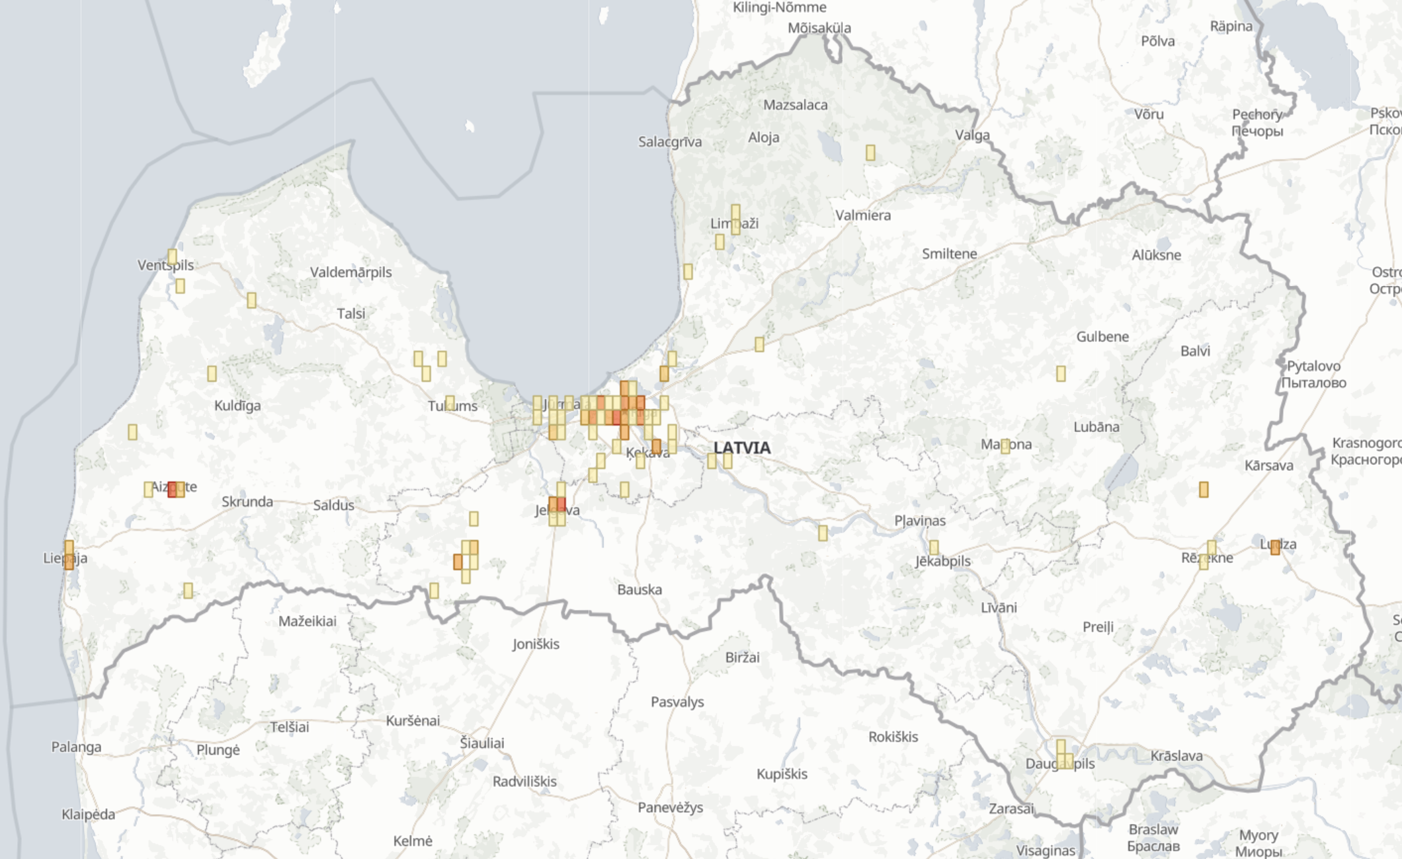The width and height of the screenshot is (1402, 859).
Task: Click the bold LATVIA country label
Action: (742, 448)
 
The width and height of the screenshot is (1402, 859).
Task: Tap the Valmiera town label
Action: (862, 215)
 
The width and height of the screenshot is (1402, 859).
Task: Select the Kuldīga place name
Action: (237, 406)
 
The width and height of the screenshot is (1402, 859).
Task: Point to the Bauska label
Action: (639, 589)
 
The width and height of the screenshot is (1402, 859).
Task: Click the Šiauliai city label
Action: (482, 743)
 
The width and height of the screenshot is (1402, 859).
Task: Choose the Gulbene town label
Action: (1102, 337)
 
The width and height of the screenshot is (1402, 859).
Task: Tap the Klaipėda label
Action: (88, 814)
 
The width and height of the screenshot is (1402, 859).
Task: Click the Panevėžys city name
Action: (670, 807)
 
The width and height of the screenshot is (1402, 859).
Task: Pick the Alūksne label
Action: (1156, 255)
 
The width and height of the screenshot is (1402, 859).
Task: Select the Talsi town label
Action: (350, 314)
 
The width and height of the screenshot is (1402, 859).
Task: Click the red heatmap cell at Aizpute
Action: (172, 490)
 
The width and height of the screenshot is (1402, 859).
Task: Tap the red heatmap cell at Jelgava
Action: (561, 505)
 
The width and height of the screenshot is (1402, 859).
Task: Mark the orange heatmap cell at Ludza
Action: (1275, 547)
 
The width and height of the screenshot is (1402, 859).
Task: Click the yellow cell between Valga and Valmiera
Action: (870, 153)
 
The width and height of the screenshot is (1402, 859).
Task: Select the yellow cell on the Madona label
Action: (1005, 446)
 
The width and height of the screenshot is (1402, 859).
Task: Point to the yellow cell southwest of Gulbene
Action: (1061, 374)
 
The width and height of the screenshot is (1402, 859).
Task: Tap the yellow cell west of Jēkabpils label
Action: (823, 533)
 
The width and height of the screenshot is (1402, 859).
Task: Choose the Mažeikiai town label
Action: (307, 621)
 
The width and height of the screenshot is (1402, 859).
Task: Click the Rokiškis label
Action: (893, 737)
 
